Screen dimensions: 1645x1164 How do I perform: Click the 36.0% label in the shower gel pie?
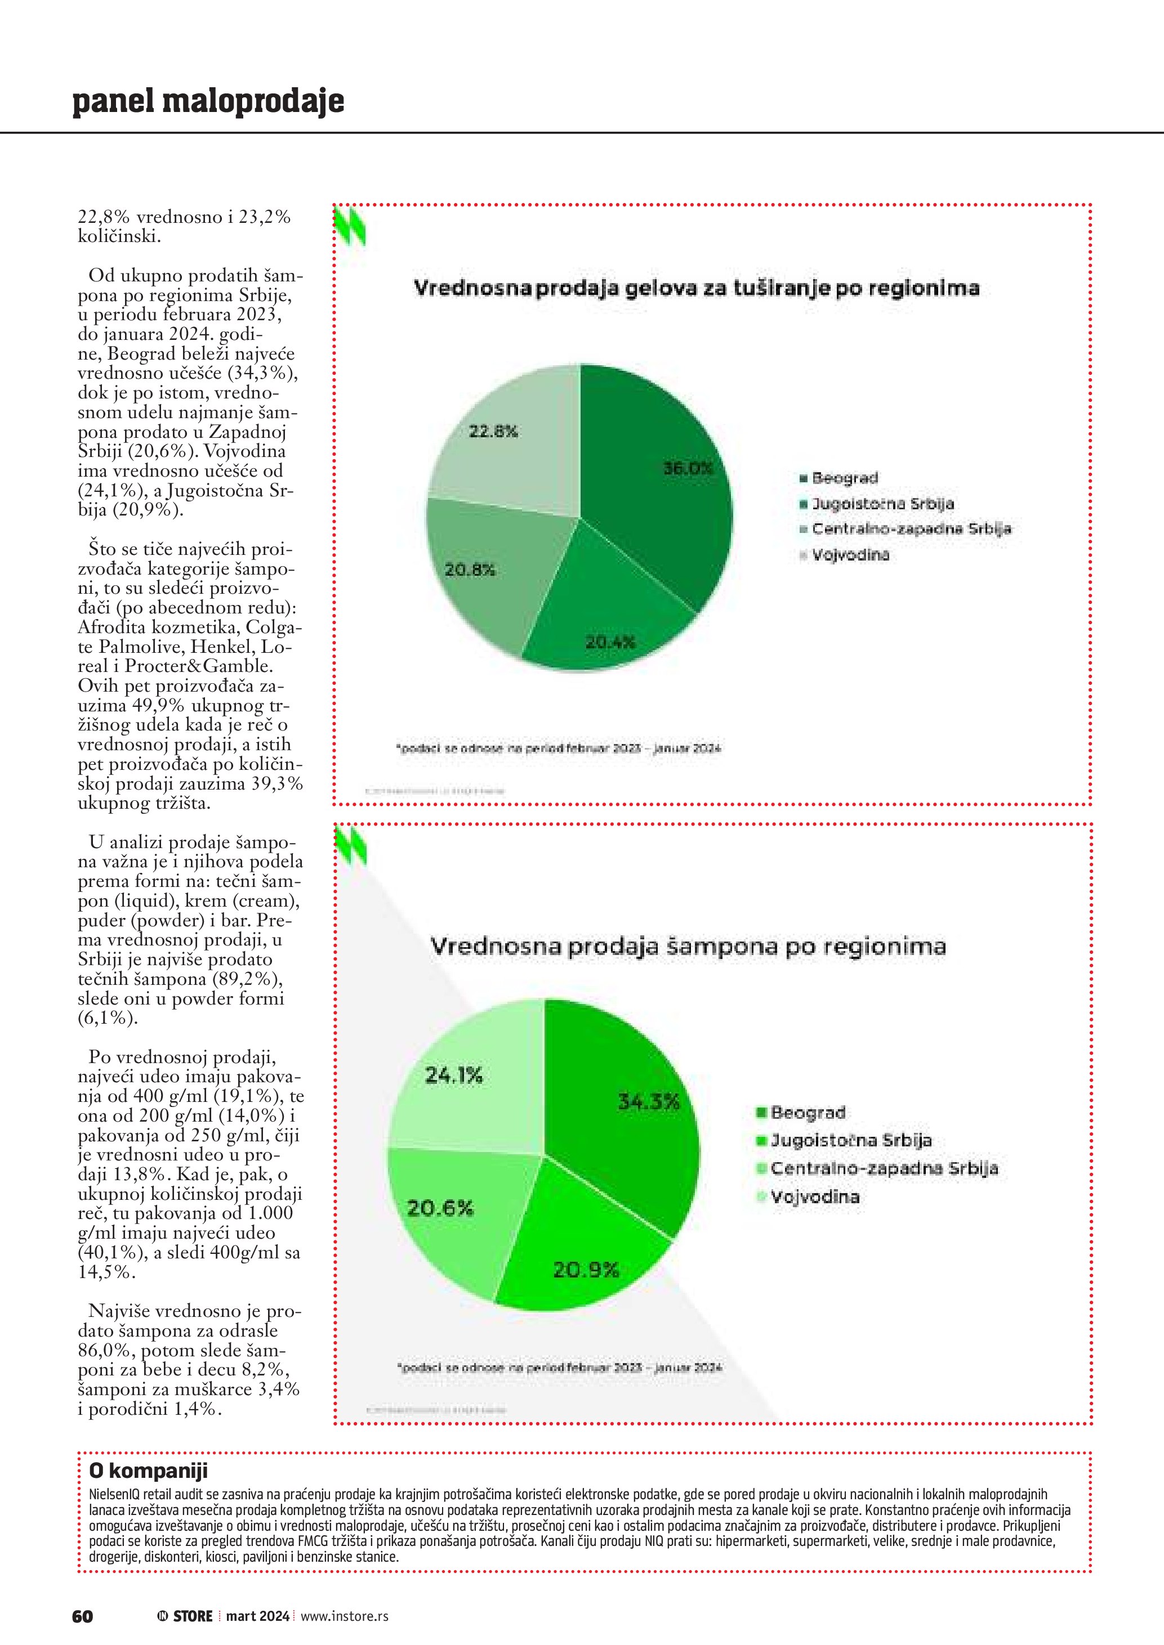coord(688,469)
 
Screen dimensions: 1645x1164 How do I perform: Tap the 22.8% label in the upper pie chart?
coord(493,431)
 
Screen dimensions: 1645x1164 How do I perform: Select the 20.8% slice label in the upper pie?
coord(470,570)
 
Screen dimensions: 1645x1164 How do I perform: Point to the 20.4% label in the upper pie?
coord(610,643)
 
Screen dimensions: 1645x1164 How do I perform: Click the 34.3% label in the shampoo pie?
coord(649,1102)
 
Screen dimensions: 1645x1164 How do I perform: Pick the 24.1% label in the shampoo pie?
coord(454,1075)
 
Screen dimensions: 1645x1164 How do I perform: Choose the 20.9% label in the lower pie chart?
coord(586,1270)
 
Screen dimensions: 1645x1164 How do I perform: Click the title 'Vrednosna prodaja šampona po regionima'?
coord(688,947)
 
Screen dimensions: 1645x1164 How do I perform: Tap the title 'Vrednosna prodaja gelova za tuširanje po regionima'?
coord(697,289)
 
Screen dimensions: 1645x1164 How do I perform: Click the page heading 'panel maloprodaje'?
coord(208,102)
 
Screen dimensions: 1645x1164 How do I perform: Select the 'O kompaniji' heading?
coord(148,1471)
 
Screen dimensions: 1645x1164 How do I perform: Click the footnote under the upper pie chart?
coord(558,748)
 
